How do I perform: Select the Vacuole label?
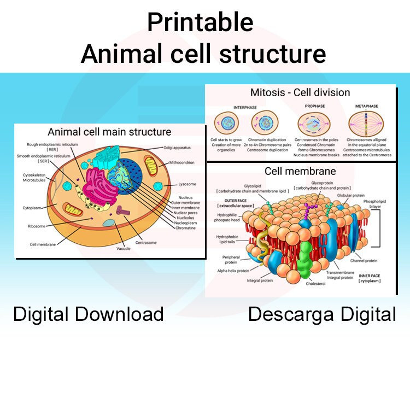[x=122, y=249]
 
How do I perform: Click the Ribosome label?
[x=37, y=226]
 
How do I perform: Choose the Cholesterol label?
[x=315, y=284]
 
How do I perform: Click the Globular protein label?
[x=351, y=195]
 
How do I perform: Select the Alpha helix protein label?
[x=233, y=270]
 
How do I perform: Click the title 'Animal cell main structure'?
[x=109, y=132]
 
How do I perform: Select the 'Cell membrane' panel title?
[x=300, y=171]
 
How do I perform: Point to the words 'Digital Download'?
[x=89, y=314]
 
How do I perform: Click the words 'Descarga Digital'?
[x=322, y=314]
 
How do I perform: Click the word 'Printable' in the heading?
[x=200, y=23]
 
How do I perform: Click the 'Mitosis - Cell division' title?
[x=300, y=92]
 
